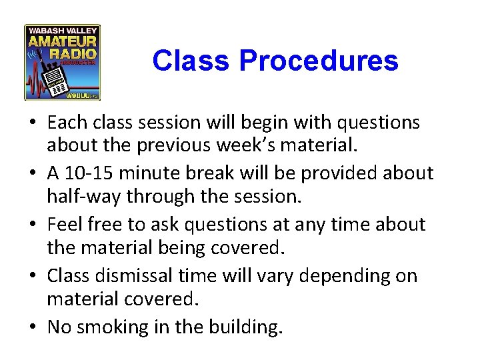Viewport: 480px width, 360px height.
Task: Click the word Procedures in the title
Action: click(x=318, y=61)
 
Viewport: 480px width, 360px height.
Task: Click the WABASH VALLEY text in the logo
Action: click(x=62, y=30)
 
